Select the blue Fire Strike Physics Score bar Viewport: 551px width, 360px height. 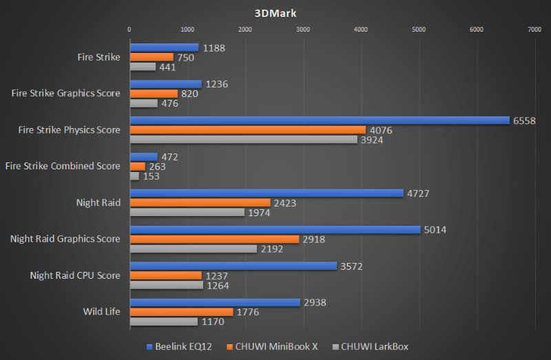coord(320,120)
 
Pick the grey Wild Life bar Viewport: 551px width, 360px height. coord(164,321)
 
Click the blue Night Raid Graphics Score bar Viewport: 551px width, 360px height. coord(275,229)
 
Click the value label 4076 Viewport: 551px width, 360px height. coord(379,130)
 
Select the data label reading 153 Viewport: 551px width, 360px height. coord(151,176)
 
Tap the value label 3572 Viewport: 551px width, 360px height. coord(352,266)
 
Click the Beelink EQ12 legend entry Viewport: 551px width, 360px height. coord(175,346)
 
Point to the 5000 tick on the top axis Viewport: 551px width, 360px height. coord(418,30)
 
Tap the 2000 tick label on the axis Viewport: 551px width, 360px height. coord(245,30)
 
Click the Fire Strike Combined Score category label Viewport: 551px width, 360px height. coord(62,166)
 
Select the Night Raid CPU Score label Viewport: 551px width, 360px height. coord(74,275)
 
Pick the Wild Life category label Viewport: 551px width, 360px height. coord(102,312)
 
